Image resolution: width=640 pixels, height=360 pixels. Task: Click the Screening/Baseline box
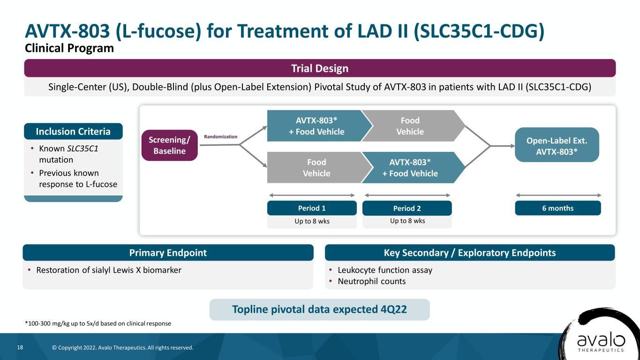point(169,145)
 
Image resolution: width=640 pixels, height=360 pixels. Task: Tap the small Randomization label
point(220,136)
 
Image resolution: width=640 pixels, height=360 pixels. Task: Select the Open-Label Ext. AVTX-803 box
point(557,145)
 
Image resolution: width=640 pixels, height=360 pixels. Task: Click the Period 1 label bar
point(312,208)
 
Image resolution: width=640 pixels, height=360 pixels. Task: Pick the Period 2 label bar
point(407,208)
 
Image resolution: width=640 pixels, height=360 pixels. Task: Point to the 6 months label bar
point(558,208)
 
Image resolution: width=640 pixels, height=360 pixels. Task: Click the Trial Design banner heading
point(320,68)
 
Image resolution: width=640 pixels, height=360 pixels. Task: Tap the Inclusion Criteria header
point(73,131)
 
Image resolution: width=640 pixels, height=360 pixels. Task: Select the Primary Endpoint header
point(168,253)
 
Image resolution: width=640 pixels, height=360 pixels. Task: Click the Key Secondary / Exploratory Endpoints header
point(470,253)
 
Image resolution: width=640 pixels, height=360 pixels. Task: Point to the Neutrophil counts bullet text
point(371,281)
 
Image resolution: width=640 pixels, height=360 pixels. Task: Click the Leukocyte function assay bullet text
point(385,270)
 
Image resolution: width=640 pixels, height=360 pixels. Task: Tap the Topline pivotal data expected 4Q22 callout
point(319,309)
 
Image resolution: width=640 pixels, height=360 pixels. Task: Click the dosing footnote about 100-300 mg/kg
point(98,323)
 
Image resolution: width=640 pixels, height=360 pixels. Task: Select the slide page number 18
point(20,347)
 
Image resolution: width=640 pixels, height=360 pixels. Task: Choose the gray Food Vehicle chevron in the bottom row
point(317,167)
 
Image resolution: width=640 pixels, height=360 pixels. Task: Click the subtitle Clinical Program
point(69,48)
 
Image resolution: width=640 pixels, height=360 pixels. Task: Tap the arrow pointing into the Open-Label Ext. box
point(503,146)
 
